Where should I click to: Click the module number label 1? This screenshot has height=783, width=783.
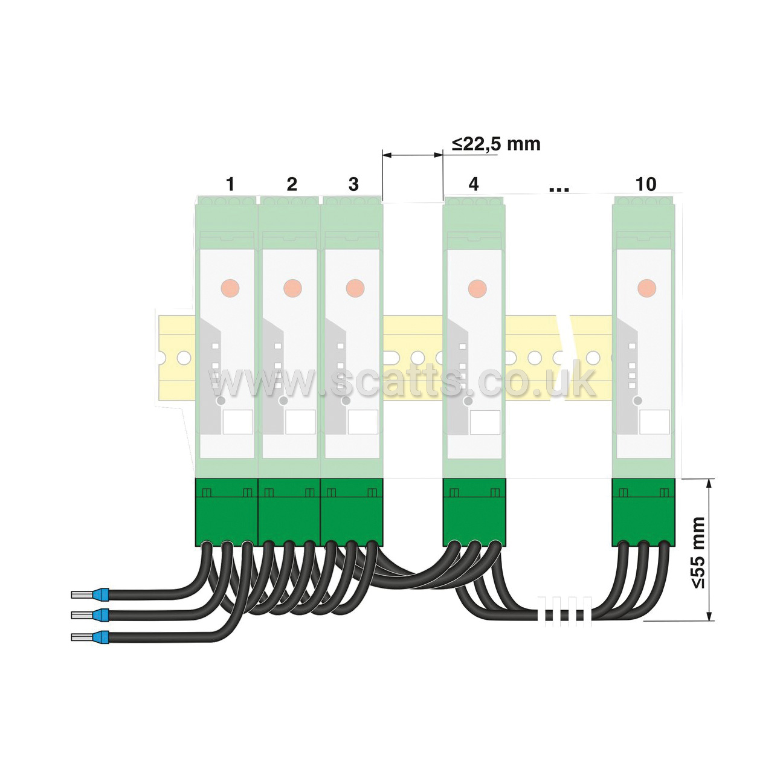pyautogui.click(x=230, y=184)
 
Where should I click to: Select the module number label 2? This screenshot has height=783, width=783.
pyautogui.click(x=292, y=184)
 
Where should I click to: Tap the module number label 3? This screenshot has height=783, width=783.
pyautogui.click(x=353, y=184)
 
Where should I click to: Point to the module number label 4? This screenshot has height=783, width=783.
pyautogui.click(x=474, y=184)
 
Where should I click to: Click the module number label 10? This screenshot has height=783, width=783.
pyautogui.click(x=645, y=184)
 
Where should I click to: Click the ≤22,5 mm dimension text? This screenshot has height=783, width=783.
pyautogui.click(x=496, y=144)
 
